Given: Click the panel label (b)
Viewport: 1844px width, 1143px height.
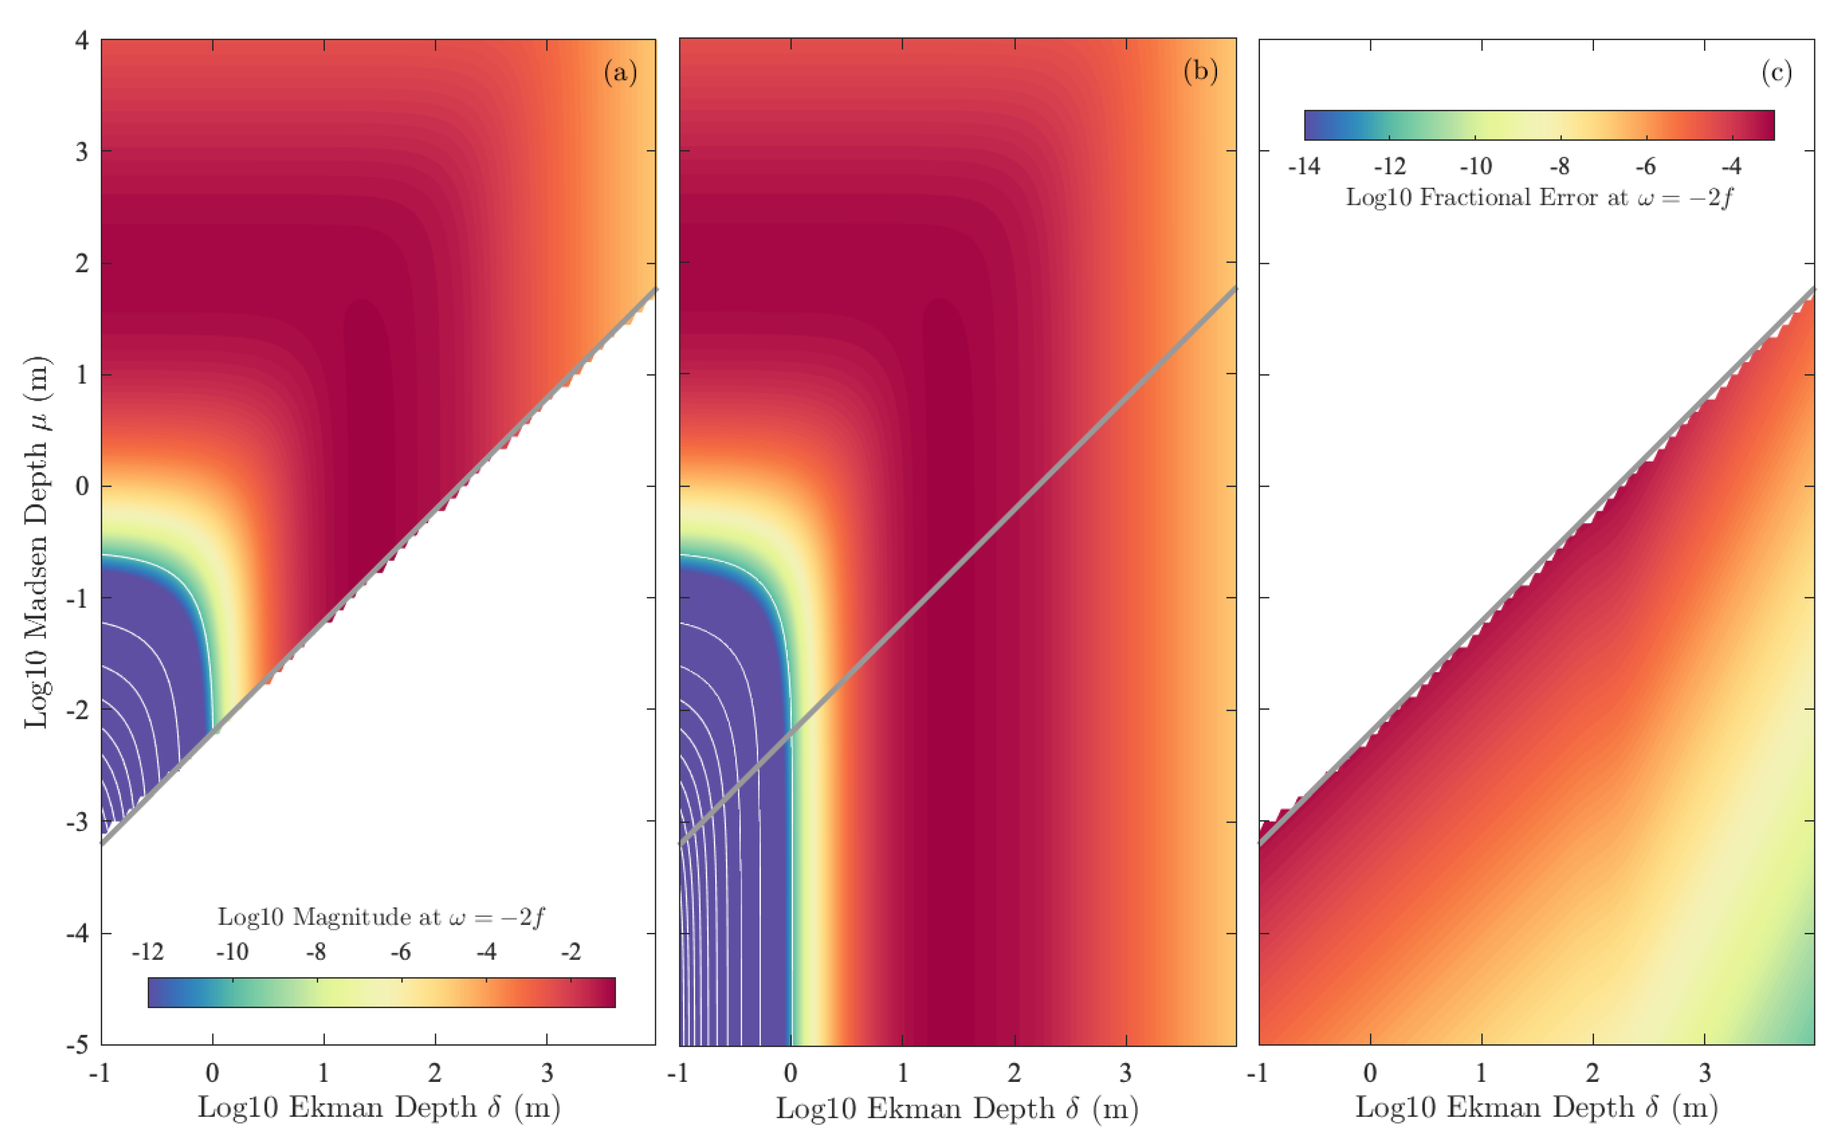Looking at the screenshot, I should [x=1200, y=72].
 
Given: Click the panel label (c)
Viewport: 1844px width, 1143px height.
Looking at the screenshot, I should [x=1776, y=73].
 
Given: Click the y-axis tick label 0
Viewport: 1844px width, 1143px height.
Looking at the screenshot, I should [x=82, y=486].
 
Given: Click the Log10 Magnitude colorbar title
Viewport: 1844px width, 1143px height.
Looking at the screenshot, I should [x=381, y=917].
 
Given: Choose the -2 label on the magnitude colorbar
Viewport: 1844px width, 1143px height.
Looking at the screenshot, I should [x=570, y=952].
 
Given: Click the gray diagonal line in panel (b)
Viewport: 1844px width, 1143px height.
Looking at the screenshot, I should [x=958, y=565].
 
